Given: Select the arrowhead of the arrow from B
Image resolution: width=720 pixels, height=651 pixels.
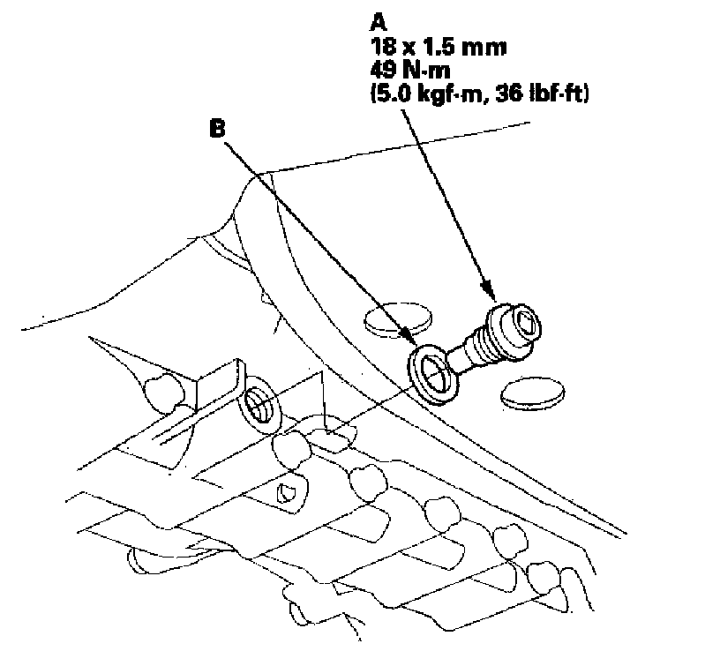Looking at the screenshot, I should pos(409,339).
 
